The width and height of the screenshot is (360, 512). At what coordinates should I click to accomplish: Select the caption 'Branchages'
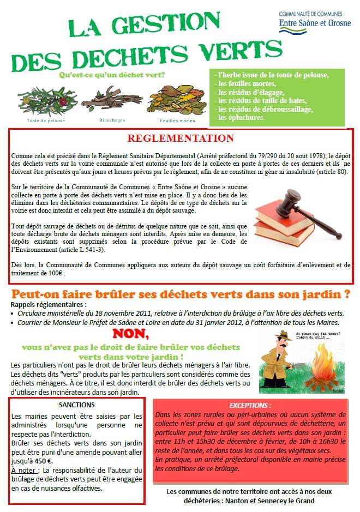click(x=112, y=120)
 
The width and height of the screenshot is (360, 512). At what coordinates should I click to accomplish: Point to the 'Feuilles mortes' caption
click(x=177, y=120)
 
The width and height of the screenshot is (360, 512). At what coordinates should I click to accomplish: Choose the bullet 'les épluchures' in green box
click(x=241, y=118)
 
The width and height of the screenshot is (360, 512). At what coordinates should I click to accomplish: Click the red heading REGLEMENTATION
click(x=180, y=138)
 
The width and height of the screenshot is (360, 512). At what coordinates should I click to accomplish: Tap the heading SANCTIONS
click(x=76, y=405)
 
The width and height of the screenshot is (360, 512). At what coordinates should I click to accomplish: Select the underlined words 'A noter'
click(x=25, y=470)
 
